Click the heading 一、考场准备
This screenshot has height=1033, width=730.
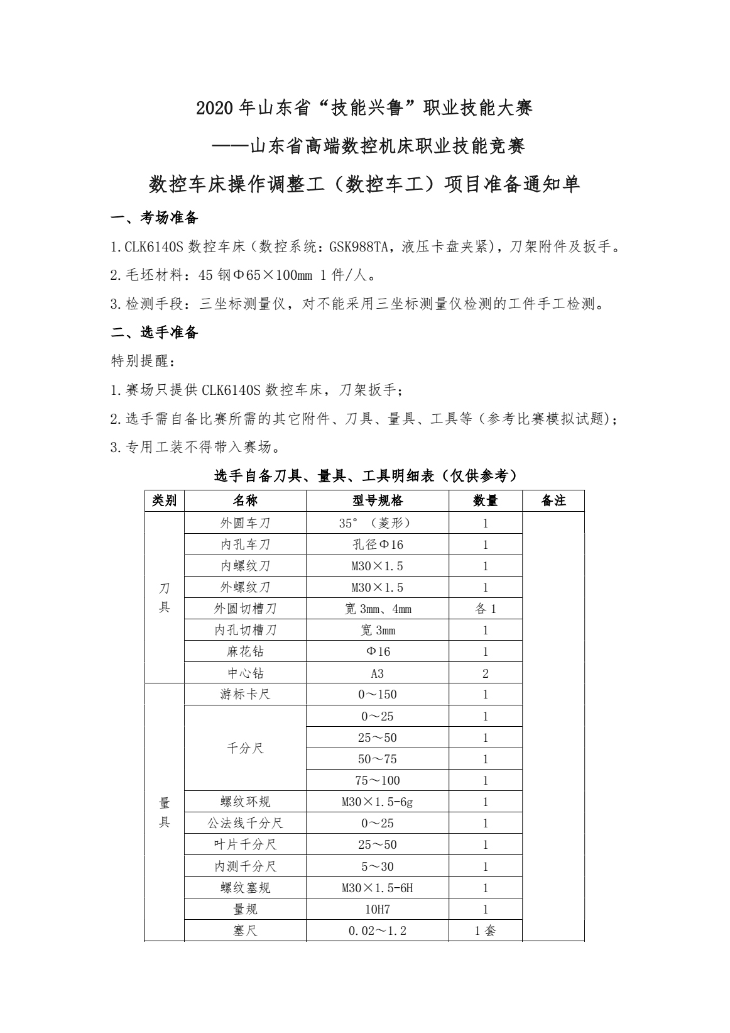pyautogui.click(x=155, y=218)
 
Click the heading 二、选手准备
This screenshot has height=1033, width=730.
pyautogui.click(x=155, y=333)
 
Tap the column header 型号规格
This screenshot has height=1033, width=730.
pyautogui.click(x=378, y=500)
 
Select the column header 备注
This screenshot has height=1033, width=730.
pyautogui.click(x=553, y=500)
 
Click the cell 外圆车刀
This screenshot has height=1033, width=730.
pyautogui.click(x=245, y=523)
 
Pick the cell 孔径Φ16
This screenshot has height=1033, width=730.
pyautogui.click(x=378, y=544)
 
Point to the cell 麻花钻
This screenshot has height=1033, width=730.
pyautogui.click(x=245, y=651)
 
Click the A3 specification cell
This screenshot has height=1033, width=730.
pyautogui.click(x=378, y=673)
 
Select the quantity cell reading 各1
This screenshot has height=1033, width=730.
pyautogui.click(x=485, y=609)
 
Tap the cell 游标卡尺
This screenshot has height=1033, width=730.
pyautogui.click(x=245, y=695)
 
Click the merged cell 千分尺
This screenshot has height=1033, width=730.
pyautogui.click(x=245, y=748)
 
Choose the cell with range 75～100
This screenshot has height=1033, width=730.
pyautogui.click(x=378, y=780)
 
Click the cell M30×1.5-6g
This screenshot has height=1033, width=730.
pyautogui.click(x=378, y=802)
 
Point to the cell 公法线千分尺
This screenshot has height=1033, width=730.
pyautogui.click(x=245, y=823)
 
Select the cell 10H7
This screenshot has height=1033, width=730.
pyautogui.click(x=378, y=909)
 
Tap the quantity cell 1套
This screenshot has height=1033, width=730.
pyautogui.click(x=485, y=931)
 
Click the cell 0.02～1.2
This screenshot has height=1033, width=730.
pyautogui.click(x=378, y=931)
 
